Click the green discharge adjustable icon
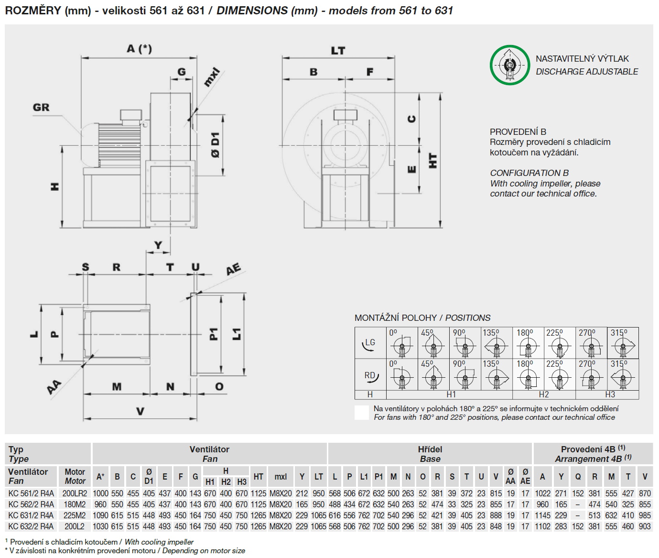[510, 65]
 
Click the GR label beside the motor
[41, 107]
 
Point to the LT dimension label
[338, 50]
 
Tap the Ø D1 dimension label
[216, 145]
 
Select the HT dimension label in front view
[432, 160]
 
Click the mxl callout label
[211, 77]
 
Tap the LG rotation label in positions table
[370, 342]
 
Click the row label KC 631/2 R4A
[31, 515]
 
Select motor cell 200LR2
[75, 493]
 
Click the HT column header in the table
[259, 476]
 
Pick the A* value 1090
[100, 515]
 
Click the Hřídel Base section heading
[430, 454]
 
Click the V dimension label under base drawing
[140, 411]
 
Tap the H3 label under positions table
[610, 394]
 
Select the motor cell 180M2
[75, 504]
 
